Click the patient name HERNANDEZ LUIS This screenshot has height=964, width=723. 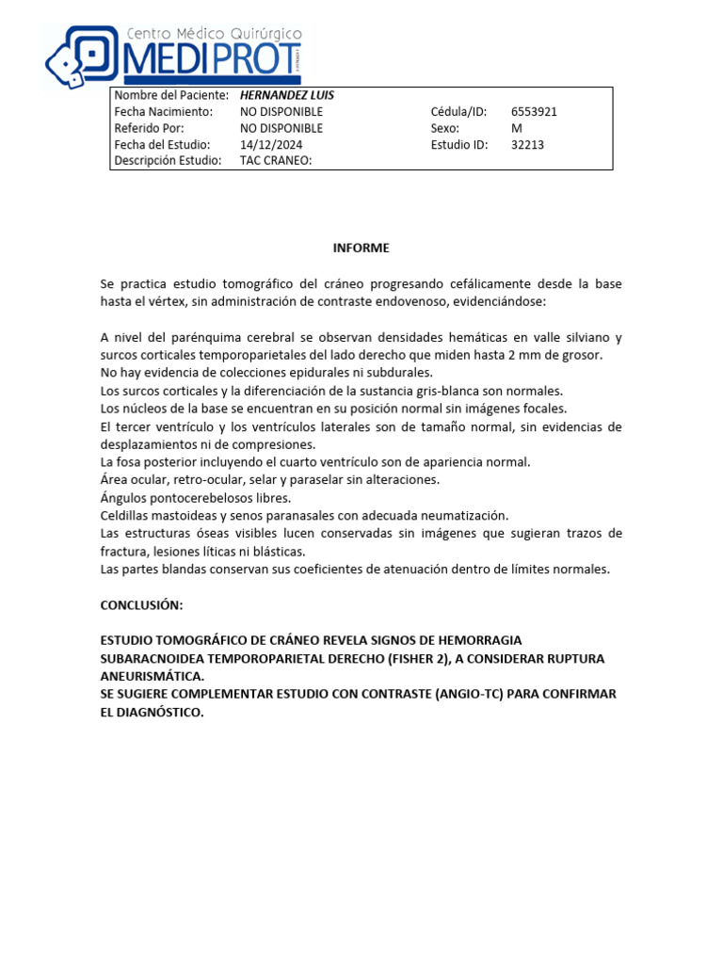click(287, 95)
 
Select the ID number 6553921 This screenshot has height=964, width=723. click(534, 111)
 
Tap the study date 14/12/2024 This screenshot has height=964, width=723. click(274, 145)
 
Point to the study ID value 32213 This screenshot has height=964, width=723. click(527, 145)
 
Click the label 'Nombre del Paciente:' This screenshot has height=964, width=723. click(170, 95)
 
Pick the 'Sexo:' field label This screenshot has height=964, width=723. click(444, 128)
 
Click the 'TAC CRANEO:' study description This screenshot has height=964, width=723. click(276, 161)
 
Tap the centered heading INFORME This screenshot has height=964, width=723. click(361, 248)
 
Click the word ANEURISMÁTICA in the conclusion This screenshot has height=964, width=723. click(152, 676)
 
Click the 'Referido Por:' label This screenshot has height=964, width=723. click(149, 128)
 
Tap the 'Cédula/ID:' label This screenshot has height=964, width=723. click(458, 111)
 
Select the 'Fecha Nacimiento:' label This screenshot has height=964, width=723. click(163, 111)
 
